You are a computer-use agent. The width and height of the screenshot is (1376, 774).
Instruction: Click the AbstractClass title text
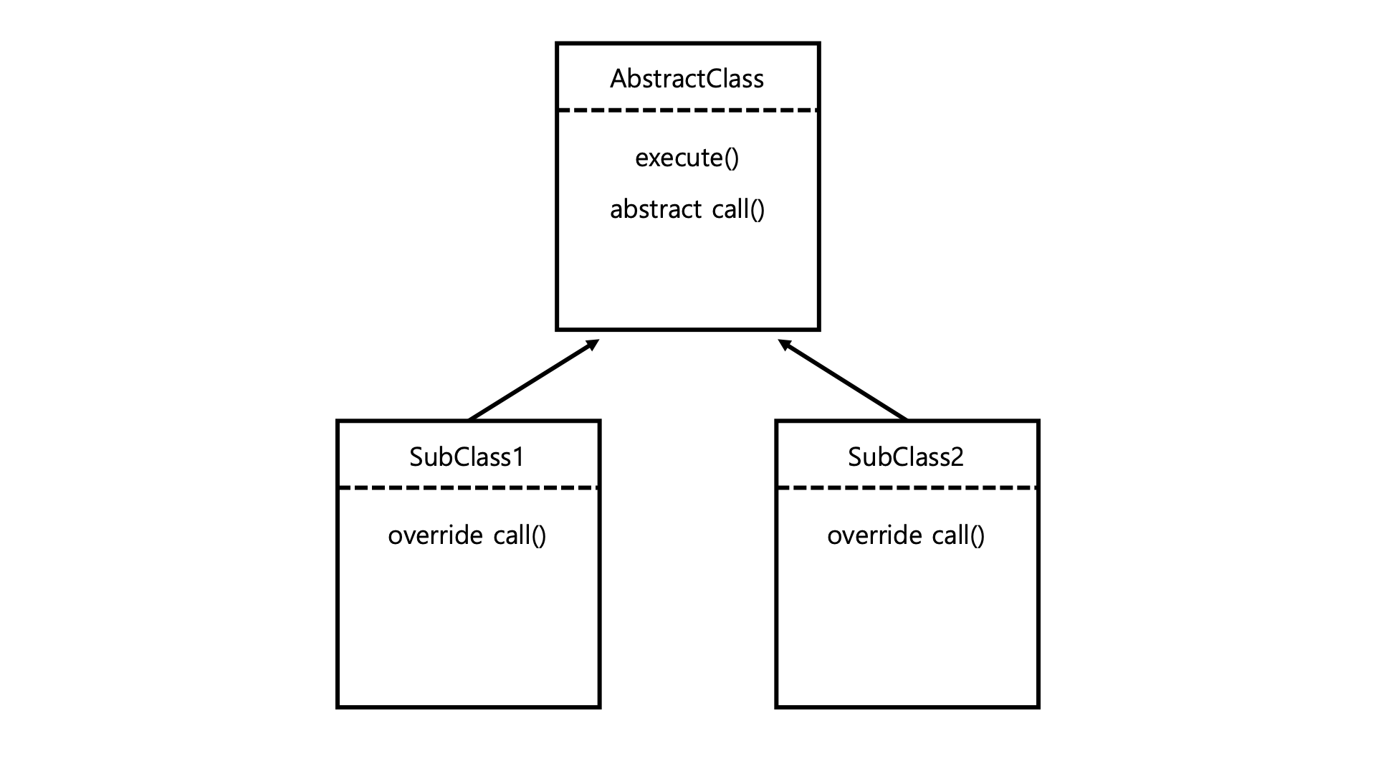[x=687, y=79]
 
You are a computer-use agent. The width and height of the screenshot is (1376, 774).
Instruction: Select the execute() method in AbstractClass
[x=687, y=158]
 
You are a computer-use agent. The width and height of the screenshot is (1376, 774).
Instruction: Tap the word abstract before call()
[x=656, y=209]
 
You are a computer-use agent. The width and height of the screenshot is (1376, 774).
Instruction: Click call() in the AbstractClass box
[x=738, y=209]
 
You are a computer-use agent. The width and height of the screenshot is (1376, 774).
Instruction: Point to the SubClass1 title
[x=467, y=457]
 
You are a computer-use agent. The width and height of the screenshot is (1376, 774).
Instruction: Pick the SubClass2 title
[x=906, y=457]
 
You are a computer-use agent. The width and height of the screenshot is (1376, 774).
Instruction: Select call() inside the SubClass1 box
[x=520, y=535]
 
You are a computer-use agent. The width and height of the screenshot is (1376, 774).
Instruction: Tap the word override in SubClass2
[x=874, y=535]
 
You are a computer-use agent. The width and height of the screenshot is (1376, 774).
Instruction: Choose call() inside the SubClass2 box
[x=958, y=535]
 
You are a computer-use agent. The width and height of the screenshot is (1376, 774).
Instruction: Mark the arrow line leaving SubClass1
[x=533, y=380]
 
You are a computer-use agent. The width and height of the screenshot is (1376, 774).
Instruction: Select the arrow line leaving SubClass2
[x=844, y=380]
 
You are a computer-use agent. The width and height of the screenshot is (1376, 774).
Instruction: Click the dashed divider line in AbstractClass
[x=688, y=110]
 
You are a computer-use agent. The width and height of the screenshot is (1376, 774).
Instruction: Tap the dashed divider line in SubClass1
[x=468, y=488]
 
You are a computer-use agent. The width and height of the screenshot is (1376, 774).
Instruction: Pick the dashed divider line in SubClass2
[x=907, y=488]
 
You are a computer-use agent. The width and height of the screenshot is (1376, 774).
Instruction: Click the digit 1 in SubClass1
[x=517, y=457]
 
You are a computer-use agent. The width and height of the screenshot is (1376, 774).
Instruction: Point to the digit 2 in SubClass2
[x=957, y=457]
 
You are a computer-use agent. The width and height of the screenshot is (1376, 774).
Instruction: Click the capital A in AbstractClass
[x=619, y=79]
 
